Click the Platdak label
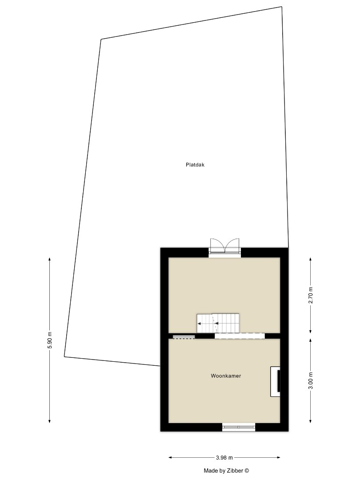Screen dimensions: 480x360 (x=195, y=164)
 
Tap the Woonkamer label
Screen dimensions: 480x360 (x=226, y=376)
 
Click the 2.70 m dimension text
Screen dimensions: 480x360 (x=311, y=295)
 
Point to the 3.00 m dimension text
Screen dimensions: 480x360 (x=311, y=380)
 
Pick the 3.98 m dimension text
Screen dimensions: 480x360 (x=224, y=457)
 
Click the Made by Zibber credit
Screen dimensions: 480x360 (x=226, y=470)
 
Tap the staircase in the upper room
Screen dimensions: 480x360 (x=218, y=323)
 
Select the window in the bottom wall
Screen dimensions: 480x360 (x=239, y=427)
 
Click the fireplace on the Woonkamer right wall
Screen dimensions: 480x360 (x=276, y=381)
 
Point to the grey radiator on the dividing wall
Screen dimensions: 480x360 (x=184, y=336)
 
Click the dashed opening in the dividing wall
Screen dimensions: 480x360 (x=240, y=336)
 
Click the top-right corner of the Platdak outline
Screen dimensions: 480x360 (x=282, y=7)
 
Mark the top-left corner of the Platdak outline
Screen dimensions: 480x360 (x=101, y=39)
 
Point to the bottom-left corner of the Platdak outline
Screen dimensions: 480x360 (x=64, y=356)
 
